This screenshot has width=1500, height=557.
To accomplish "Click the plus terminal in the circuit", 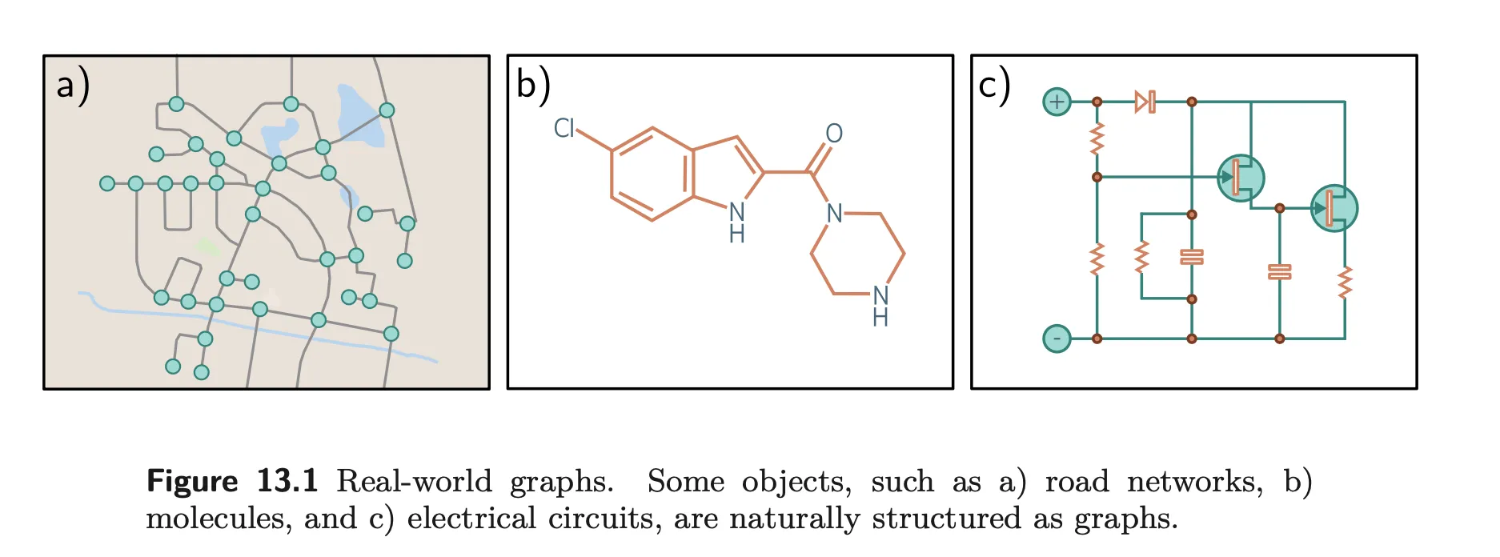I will click(x=1057, y=102).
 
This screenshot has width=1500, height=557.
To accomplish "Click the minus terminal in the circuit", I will click(x=1057, y=339).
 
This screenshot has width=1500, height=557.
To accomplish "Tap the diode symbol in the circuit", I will click(x=1145, y=102).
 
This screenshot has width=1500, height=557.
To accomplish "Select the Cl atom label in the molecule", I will click(x=564, y=128).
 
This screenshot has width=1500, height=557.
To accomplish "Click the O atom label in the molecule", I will click(x=834, y=133).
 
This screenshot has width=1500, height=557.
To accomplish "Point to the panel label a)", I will click(x=72, y=85).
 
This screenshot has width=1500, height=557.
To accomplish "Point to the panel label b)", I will click(x=533, y=85).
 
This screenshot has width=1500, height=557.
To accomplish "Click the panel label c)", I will click(x=994, y=85).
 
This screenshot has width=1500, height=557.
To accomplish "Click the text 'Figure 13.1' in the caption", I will click(x=232, y=481).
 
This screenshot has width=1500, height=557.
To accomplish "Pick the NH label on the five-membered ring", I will click(x=736, y=222).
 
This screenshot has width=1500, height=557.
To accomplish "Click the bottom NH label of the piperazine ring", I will click(x=880, y=307).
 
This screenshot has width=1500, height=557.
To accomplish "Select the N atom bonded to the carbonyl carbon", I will click(x=834, y=213).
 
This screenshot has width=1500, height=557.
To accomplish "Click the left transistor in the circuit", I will click(x=1240, y=177).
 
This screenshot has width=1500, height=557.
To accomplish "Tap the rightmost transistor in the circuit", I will click(x=1334, y=208).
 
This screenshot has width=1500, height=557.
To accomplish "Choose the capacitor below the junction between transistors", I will click(x=1279, y=271).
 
